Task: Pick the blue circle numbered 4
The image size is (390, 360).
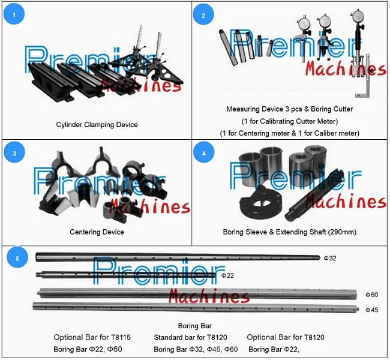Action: [x=203, y=153]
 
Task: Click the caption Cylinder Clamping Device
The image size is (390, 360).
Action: [x=97, y=125]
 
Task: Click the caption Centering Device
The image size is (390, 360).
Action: [x=97, y=232]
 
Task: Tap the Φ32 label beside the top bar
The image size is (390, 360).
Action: [x=330, y=258]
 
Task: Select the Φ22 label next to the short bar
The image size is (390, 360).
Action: [x=227, y=276]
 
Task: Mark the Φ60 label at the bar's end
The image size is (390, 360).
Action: [x=372, y=295]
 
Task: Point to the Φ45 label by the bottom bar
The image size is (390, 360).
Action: [x=372, y=310]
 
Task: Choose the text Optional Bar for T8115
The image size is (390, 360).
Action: [x=92, y=338]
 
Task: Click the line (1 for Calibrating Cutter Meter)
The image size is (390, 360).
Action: [x=289, y=121]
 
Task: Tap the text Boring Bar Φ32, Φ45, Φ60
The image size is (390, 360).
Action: [x=196, y=349]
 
